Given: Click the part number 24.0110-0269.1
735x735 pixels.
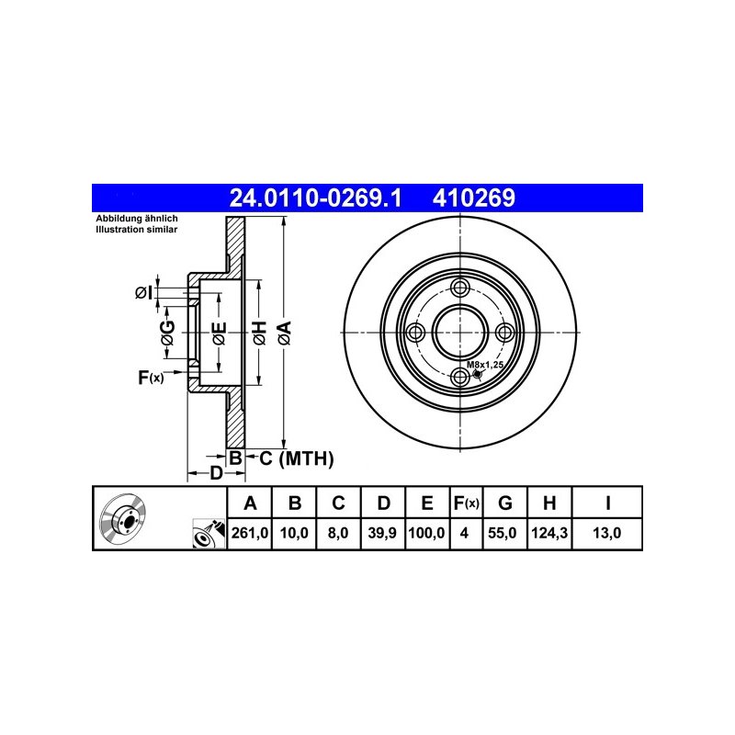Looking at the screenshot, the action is pyautogui.click(x=315, y=198).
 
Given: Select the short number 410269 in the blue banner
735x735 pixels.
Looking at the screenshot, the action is pyautogui.click(x=474, y=198).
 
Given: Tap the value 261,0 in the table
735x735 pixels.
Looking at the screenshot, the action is pyautogui.click(x=250, y=533).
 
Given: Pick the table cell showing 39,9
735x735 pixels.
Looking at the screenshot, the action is pyautogui.click(x=382, y=533).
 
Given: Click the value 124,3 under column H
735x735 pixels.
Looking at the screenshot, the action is pyautogui.click(x=549, y=533).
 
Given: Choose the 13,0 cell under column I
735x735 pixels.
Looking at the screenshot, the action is pyautogui.click(x=607, y=533).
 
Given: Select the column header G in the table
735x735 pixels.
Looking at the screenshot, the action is pyautogui.click(x=504, y=503).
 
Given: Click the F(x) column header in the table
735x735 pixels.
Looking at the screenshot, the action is pyautogui.click(x=467, y=503).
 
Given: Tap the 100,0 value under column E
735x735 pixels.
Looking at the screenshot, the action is pyautogui.click(x=426, y=533).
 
